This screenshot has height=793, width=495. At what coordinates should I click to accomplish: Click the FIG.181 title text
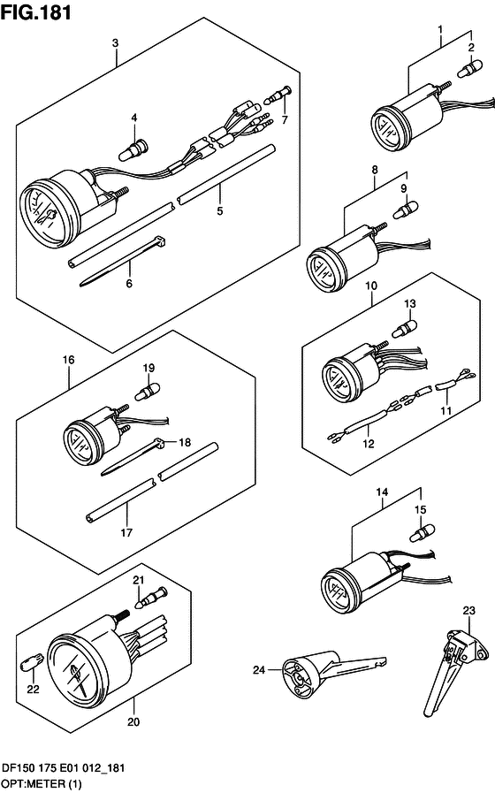pos(36,12)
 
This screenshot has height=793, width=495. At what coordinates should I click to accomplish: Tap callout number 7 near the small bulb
pos(285,120)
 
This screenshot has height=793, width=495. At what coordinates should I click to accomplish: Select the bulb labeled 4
pos(134,149)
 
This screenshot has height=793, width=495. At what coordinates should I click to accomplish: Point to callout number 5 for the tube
pos(219,210)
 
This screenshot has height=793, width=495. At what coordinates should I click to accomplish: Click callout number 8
pos(375,170)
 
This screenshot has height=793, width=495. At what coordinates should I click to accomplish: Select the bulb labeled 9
pos(405,210)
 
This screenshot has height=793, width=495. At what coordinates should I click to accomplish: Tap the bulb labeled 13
pos(405,327)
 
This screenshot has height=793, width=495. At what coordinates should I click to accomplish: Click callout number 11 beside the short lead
pos(445,411)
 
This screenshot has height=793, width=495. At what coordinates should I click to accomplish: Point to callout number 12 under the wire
pos(368,444)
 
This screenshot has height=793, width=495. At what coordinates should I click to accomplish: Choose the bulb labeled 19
pos(147,391)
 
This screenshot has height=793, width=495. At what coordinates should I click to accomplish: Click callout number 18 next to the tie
pos(185,443)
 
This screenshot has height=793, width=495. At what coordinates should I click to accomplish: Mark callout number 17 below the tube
pos(126,532)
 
